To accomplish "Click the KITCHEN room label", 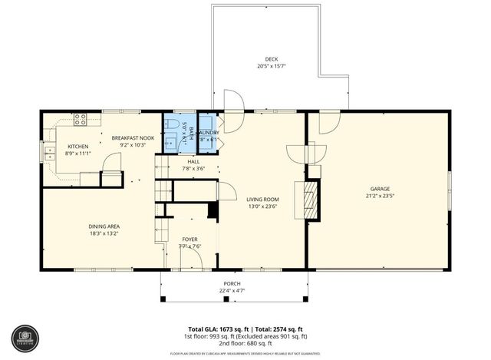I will (x=78, y=146).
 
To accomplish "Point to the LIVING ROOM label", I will (x=263, y=198).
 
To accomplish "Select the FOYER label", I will (x=189, y=239).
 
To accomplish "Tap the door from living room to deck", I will (x=232, y=101).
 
